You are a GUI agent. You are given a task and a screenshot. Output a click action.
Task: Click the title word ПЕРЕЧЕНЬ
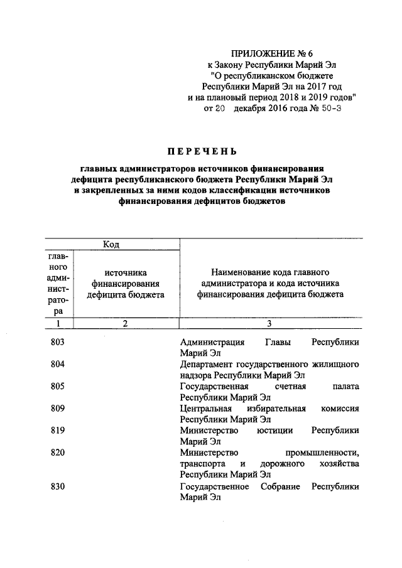pos(201,151)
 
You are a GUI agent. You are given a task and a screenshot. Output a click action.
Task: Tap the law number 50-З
pos(331,109)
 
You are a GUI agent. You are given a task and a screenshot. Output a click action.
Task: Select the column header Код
pos(112,244)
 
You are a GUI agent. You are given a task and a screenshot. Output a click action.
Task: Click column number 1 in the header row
pos(58,323)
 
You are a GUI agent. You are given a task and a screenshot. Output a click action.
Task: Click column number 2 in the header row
pos(126,323)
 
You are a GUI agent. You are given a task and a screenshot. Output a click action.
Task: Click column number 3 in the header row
pos(269,323)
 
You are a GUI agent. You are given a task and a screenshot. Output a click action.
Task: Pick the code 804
pos(58,364)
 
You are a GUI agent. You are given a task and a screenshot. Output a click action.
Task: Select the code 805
pos(58,386)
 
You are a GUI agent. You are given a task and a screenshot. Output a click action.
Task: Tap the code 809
pos(58,408)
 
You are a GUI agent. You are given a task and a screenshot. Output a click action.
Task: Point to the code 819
pos(58,430)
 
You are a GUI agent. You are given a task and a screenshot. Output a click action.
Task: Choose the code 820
pos(58,452)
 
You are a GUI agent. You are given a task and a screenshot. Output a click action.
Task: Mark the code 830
pos(58,486)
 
